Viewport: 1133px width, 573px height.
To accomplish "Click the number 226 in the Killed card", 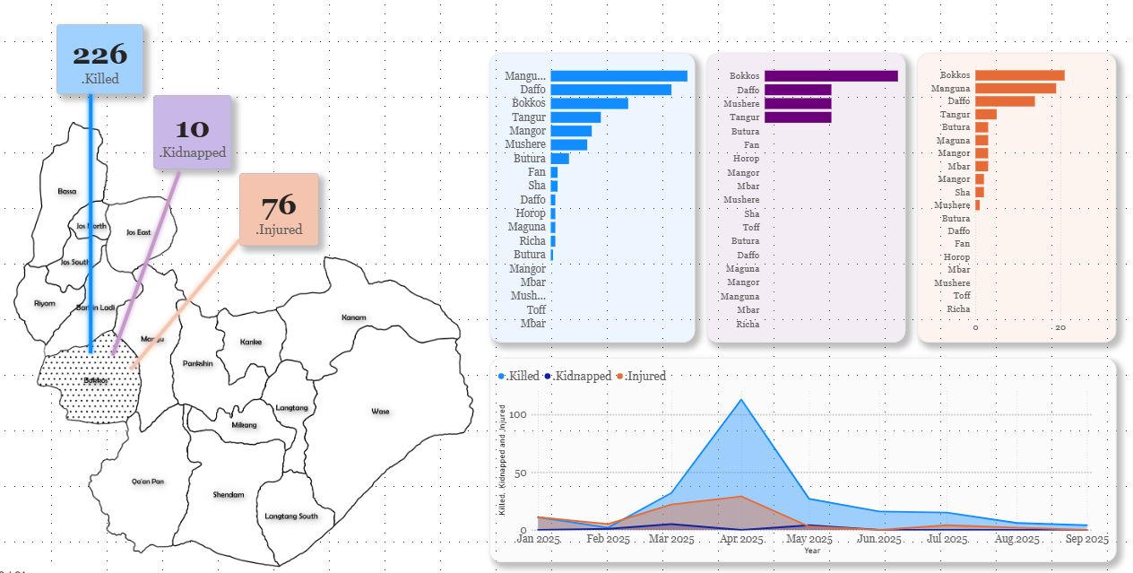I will click(99, 55).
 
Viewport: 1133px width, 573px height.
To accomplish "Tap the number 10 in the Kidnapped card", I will click(193, 127).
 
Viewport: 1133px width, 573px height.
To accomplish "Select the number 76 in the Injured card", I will click(279, 205).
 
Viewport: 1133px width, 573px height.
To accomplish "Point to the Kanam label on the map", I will click(353, 317).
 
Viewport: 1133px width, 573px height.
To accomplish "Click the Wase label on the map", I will click(380, 412).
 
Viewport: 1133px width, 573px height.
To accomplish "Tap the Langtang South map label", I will click(291, 517).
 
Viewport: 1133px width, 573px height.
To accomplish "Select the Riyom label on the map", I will click(44, 303).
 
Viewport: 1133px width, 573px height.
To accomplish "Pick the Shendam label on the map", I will click(228, 495).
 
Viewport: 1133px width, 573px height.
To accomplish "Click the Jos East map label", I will click(138, 232).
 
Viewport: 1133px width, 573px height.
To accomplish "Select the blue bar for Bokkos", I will click(589, 103).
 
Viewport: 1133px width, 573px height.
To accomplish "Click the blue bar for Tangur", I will click(575, 117).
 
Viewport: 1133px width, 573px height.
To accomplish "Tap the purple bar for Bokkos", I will click(831, 76).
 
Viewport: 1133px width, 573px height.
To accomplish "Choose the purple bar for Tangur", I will click(798, 117).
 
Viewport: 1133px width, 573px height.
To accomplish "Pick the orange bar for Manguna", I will click(1015, 88).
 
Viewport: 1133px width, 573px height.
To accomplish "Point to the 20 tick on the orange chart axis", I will click(1060, 328).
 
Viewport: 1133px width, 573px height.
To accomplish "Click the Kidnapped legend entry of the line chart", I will click(579, 377).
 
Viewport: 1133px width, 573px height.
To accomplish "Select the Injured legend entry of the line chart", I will click(643, 377).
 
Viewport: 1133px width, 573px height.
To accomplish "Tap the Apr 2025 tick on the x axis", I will click(740, 539).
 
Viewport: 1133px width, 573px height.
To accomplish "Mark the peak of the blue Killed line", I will click(740, 400).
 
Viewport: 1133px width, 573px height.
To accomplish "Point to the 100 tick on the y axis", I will click(516, 415).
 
